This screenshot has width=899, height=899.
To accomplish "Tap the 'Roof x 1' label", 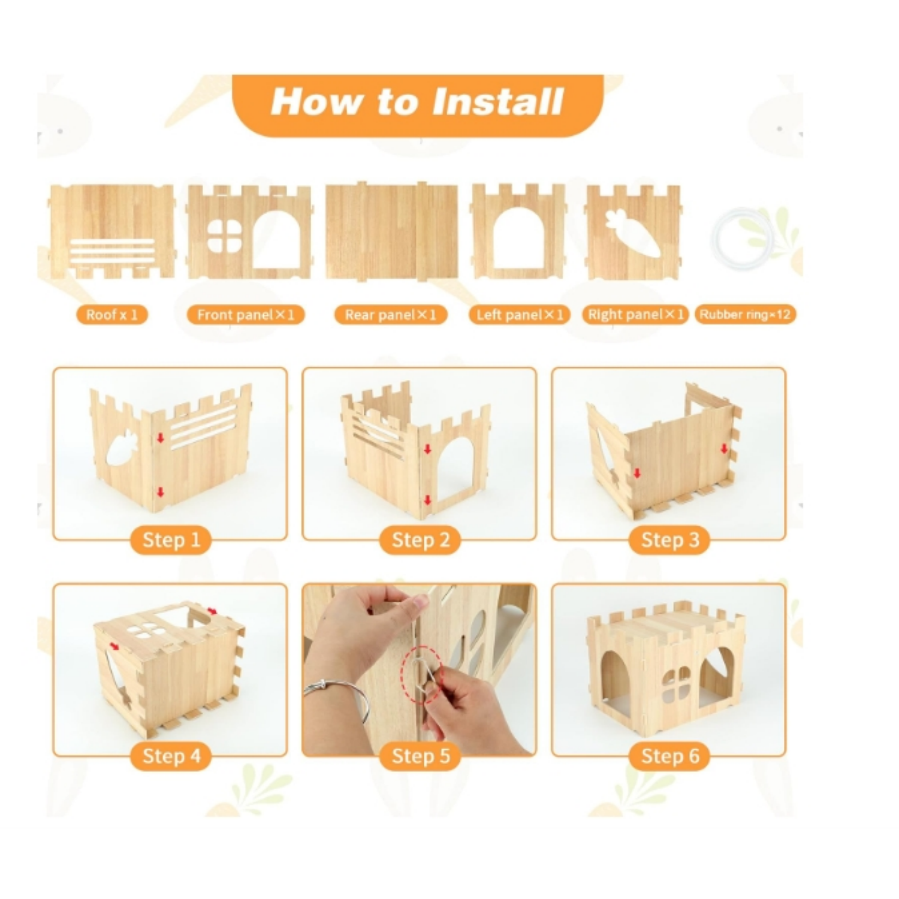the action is [x=111, y=315].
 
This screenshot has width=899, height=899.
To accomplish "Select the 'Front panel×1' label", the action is [x=246, y=315].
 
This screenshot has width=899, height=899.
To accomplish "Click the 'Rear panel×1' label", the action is [x=391, y=315].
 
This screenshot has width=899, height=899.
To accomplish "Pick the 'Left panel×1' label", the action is [x=520, y=315].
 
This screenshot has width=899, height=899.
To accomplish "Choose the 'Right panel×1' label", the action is [x=635, y=315].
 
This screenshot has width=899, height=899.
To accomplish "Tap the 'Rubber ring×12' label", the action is [x=745, y=315].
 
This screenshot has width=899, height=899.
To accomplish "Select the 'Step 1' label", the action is [x=171, y=540].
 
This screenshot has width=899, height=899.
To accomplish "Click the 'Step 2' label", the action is [x=420, y=540].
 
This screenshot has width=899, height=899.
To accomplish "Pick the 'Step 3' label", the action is [x=669, y=540].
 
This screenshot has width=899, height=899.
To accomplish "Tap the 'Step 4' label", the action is [x=171, y=756].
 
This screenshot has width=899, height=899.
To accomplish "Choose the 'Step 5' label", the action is [x=420, y=756].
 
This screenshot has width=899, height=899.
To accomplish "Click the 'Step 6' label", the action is [x=669, y=756].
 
